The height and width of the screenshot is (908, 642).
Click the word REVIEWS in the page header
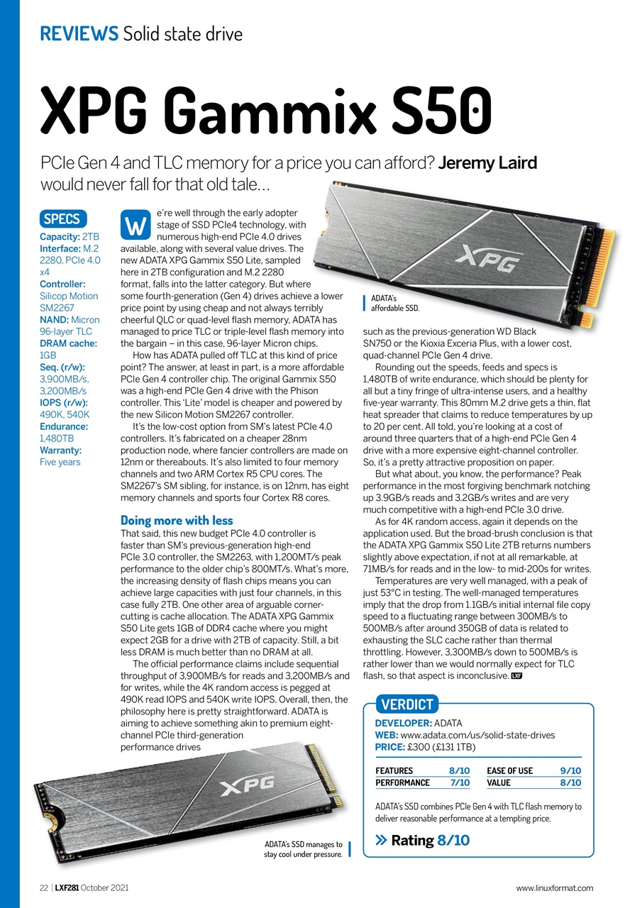[x=79, y=33]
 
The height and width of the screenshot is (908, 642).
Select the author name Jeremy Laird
[x=487, y=163]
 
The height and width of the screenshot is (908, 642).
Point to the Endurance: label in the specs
[x=64, y=426]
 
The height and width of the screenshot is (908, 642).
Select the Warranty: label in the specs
[x=61, y=450]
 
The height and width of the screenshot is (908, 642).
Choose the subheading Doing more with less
[x=177, y=520]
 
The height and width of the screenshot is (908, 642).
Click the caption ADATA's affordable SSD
[x=395, y=303]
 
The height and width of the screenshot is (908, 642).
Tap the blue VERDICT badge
[x=407, y=704]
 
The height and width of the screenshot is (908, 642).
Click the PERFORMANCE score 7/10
[x=459, y=782]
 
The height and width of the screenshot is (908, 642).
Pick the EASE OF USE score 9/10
[x=570, y=770]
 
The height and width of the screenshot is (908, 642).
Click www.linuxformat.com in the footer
[x=554, y=887]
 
